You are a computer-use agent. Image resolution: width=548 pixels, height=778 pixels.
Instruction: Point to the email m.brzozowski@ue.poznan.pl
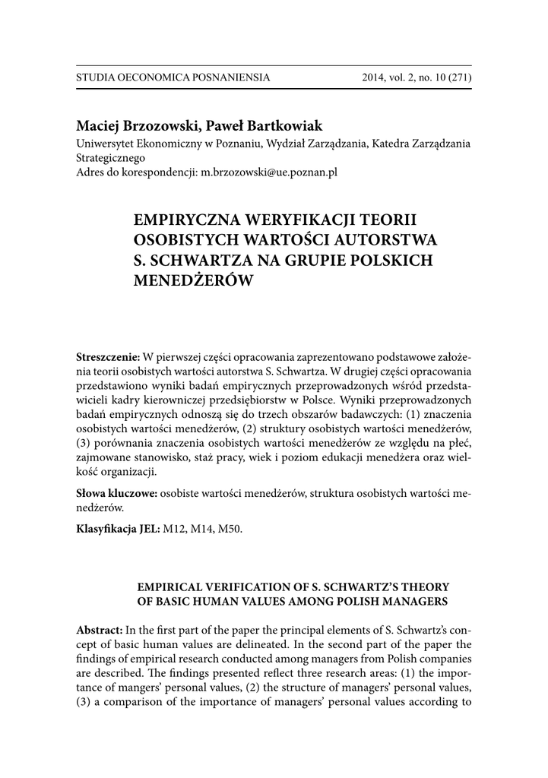click(268, 172)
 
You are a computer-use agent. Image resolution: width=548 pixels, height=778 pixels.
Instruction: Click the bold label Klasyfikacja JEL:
click(119, 529)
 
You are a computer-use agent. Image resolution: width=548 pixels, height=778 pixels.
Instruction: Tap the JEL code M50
click(231, 529)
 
